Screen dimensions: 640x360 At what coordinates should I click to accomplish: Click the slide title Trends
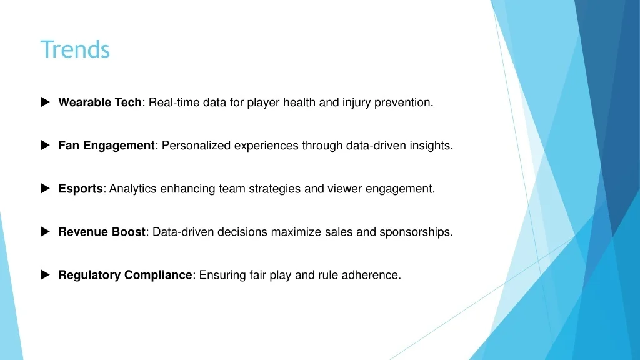(x=75, y=49)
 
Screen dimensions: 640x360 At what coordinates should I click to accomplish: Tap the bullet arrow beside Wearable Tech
(x=45, y=102)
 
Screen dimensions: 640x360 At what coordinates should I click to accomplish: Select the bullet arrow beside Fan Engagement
(x=45, y=145)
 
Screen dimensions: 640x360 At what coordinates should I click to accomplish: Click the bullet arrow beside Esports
(x=45, y=189)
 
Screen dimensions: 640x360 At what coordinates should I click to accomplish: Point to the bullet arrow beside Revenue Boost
(x=45, y=232)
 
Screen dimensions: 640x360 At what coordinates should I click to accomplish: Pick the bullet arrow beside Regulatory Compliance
(x=45, y=275)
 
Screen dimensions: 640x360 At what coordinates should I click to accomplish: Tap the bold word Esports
(x=81, y=189)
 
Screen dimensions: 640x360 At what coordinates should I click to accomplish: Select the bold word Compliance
(x=158, y=276)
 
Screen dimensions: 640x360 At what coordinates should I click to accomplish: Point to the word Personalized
(x=196, y=145)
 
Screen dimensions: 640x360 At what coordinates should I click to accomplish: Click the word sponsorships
(x=416, y=232)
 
